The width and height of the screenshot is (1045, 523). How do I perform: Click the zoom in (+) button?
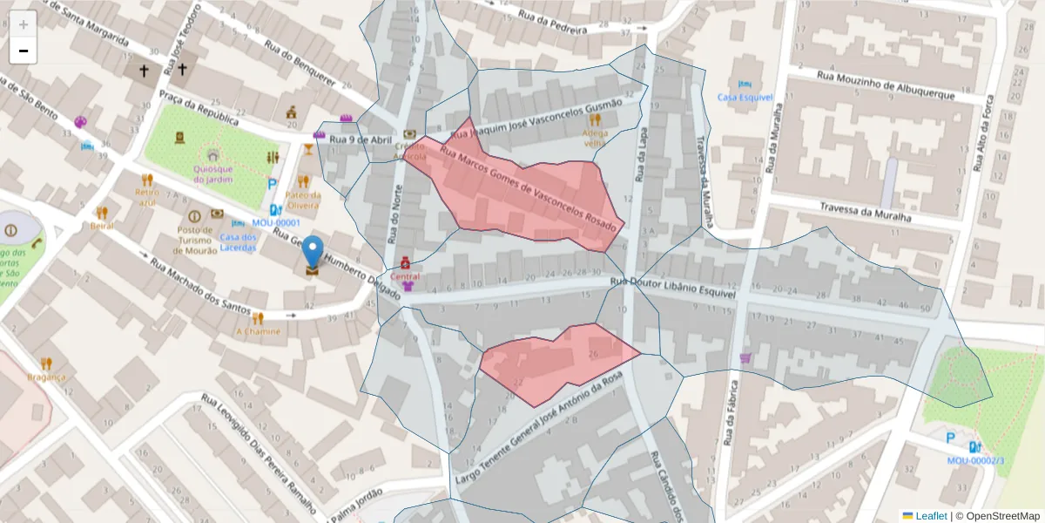pyautogui.click(x=23, y=24)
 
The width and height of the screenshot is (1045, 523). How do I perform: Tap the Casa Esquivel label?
pyautogui.click(x=739, y=97)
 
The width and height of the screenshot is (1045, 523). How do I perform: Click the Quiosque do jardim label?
pyautogui.click(x=212, y=174)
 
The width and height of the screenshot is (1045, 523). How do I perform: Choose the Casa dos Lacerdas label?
pyautogui.click(x=238, y=242)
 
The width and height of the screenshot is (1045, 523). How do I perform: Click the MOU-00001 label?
pyautogui.click(x=276, y=223)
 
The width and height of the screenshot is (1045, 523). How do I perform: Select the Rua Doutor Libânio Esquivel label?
pyautogui.click(x=673, y=289)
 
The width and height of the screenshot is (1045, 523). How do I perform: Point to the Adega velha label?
pyautogui.click(x=595, y=138)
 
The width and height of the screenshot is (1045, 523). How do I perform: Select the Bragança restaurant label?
pyautogui.click(x=46, y=377)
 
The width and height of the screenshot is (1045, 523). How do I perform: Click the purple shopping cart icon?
pyautogui.click(x=745, y=357)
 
